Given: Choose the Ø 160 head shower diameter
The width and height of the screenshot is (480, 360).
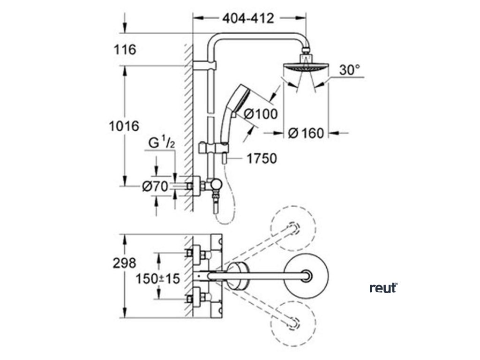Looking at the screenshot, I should (306, 134).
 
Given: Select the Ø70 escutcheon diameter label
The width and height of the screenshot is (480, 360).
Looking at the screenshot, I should (155, 187).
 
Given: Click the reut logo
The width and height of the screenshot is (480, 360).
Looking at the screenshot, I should (383, 287).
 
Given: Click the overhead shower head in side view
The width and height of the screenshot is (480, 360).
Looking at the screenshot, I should (305, 68).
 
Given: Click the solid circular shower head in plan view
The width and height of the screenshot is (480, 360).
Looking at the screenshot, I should (307, 276).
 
